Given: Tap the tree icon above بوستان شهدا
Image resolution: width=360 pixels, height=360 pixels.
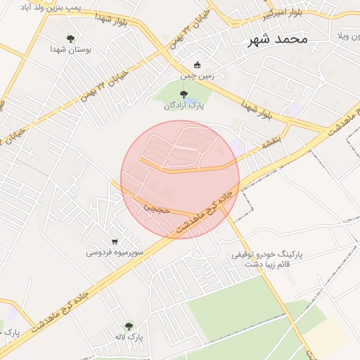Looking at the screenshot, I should (x=70, y=38).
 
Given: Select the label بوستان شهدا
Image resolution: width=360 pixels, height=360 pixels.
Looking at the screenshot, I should (x=69, y=50).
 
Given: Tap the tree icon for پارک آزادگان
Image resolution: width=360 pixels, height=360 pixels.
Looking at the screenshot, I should (x=184, y=94).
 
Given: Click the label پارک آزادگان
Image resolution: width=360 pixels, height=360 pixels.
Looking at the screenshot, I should (x=184, y=106).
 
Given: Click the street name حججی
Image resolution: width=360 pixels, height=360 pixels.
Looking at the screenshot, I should (x=153, y=208).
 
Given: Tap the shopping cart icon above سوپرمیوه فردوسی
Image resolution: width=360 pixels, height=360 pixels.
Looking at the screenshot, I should (x=115, y=241).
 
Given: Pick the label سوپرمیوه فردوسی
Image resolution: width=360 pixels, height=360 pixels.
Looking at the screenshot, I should (x=115, y=252).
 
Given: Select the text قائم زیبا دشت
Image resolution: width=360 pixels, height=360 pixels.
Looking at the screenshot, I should (x=266, y=264).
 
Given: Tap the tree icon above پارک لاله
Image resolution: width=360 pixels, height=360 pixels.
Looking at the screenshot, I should (x=128, y=326).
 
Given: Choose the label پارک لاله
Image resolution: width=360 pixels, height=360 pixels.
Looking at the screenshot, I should (x=130, y=337).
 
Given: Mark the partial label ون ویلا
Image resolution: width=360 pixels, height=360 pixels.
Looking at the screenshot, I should (x=349, y=34).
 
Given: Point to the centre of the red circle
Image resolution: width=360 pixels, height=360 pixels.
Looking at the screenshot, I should (x=180, y=180).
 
